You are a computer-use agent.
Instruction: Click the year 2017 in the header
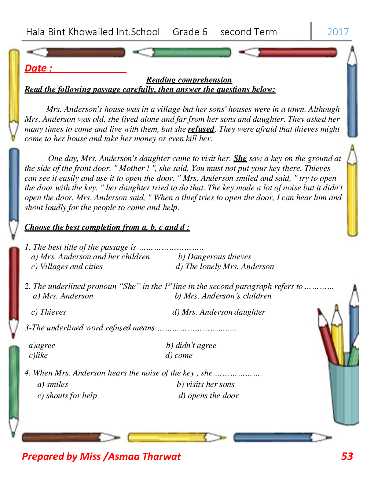point(338,32)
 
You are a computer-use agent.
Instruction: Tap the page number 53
point(347,456)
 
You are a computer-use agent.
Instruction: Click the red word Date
point(38,68)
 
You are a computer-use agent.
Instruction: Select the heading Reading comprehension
point(189,80)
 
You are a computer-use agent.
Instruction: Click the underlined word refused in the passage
point(201,129)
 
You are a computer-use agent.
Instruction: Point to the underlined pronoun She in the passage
point(240,158)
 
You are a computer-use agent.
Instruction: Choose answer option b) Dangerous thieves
point(214,257)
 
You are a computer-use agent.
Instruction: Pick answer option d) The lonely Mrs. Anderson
point(224,267)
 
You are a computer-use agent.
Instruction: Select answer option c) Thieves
point(48,312)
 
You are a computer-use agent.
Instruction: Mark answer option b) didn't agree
point(191,345)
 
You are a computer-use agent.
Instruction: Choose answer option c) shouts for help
point(67,396)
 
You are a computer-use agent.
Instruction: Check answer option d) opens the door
point(208,396)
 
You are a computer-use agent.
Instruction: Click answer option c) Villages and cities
point(67,267)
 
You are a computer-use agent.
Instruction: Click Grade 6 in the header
point(190,32)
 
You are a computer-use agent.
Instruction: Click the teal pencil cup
point(344,392)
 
